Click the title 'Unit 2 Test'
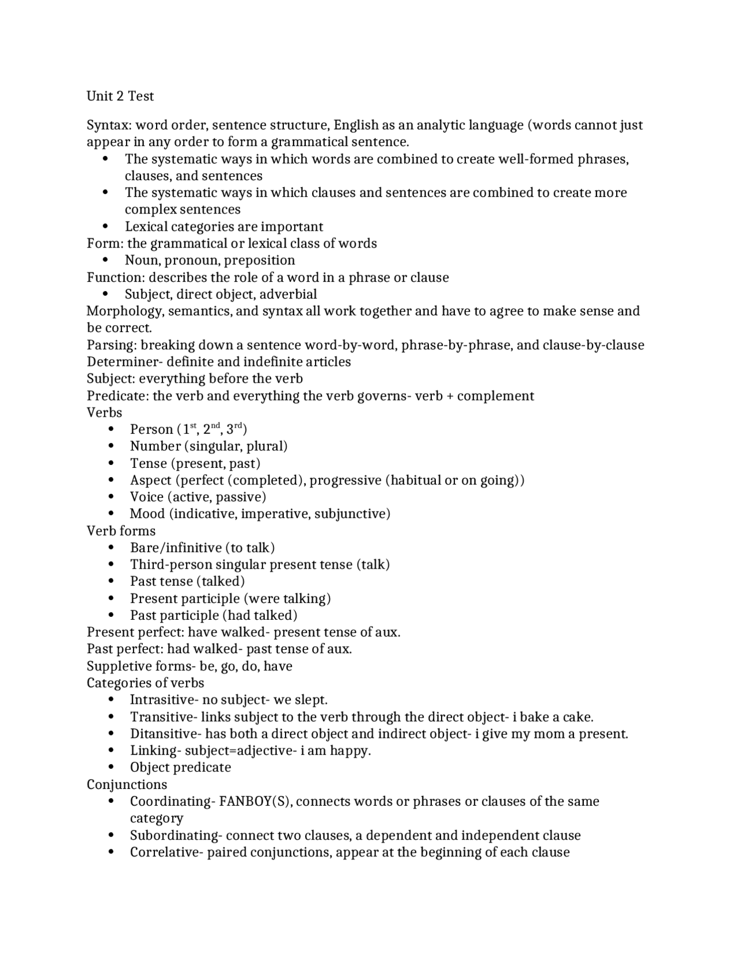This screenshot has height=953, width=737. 120,96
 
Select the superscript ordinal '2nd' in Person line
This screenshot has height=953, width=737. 211,428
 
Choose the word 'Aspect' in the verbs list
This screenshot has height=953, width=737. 150,481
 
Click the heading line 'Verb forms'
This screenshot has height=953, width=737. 121,531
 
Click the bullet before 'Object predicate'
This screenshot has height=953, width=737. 111,768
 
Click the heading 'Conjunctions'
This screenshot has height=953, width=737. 127,785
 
